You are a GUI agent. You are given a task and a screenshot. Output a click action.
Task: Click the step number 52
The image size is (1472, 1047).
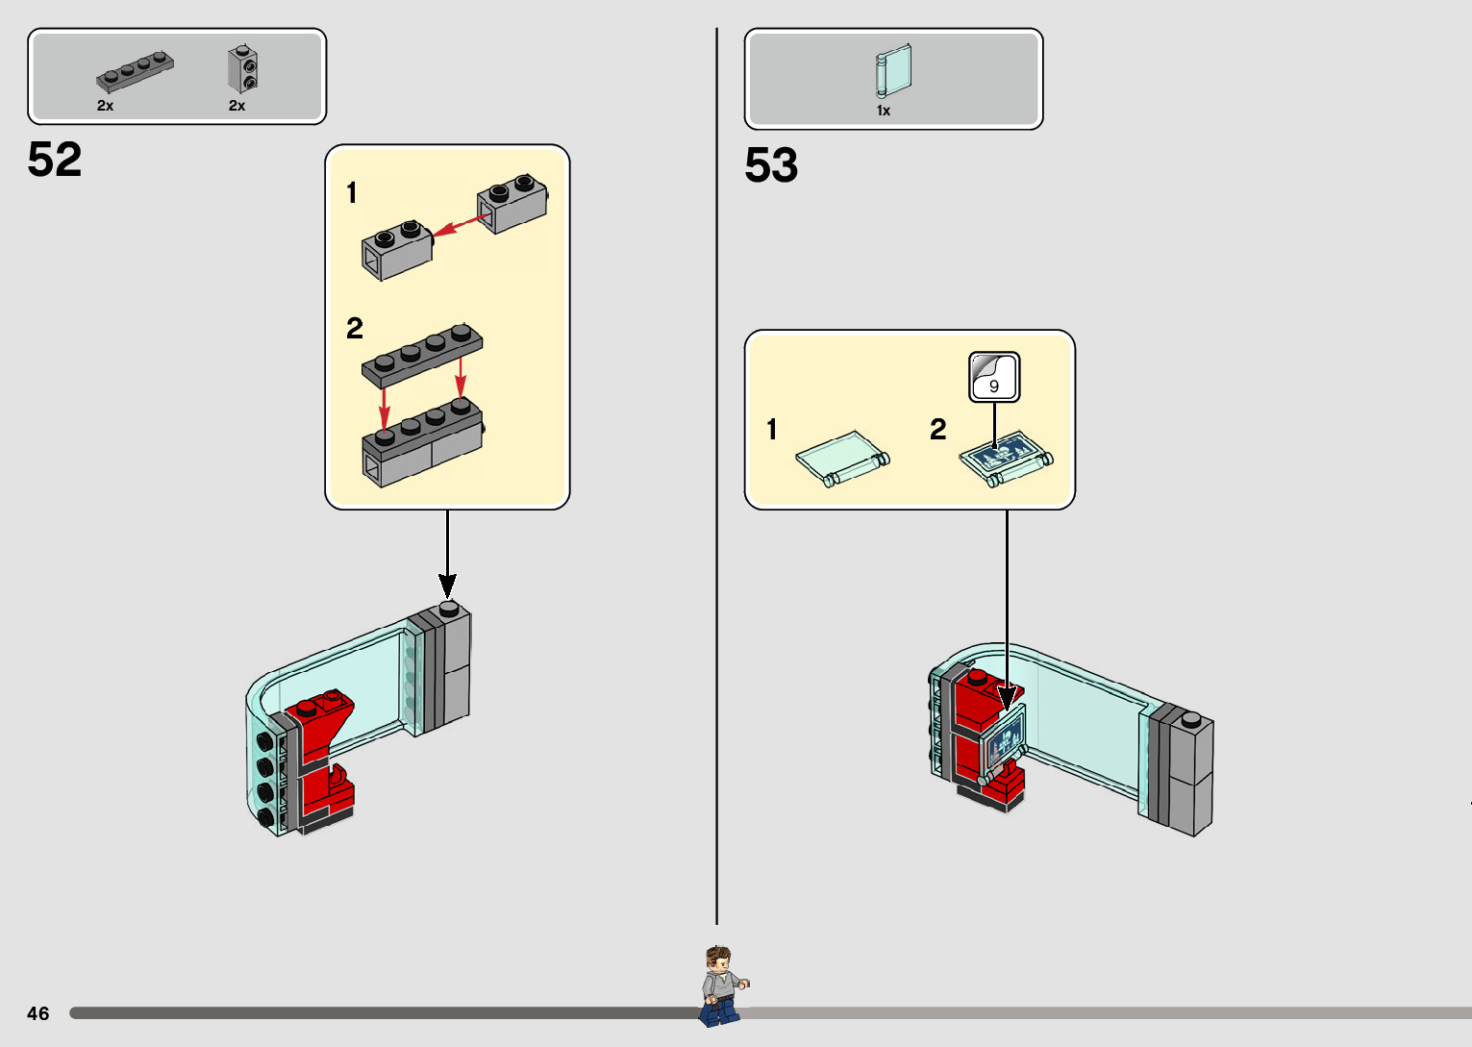tap(55, 160)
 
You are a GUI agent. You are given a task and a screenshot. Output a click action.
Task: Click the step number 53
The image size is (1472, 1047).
tap(771, 165)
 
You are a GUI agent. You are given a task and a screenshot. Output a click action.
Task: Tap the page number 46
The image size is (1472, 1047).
tap(38, 1013)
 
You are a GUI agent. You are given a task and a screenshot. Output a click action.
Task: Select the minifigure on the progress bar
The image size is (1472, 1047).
tap(720, 985)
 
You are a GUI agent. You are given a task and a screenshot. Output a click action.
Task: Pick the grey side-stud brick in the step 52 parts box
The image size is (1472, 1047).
tap(242, 69)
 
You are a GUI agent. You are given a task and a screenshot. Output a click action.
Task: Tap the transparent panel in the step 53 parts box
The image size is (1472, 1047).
tap(893, 70)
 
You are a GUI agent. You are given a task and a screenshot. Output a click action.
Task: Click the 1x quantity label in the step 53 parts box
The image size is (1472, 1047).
tap(884, 111)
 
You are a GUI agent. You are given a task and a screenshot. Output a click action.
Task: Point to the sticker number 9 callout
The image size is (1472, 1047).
tap(994, 377)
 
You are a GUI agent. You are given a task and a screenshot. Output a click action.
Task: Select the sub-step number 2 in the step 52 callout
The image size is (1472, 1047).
tap(355, 329)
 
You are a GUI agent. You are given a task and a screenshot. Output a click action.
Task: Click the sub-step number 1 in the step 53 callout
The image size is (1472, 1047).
tap(772, 430)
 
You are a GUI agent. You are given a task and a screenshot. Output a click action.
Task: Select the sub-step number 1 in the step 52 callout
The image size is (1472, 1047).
tap(352, 193)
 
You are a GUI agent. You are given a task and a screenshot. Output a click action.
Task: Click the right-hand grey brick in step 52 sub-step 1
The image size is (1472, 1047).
tap(512, 203)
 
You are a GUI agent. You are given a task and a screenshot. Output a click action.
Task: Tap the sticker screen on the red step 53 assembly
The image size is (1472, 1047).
tap(1002, 742)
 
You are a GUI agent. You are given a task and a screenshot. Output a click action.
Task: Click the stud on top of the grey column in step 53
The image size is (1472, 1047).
tap(1191, 718)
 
